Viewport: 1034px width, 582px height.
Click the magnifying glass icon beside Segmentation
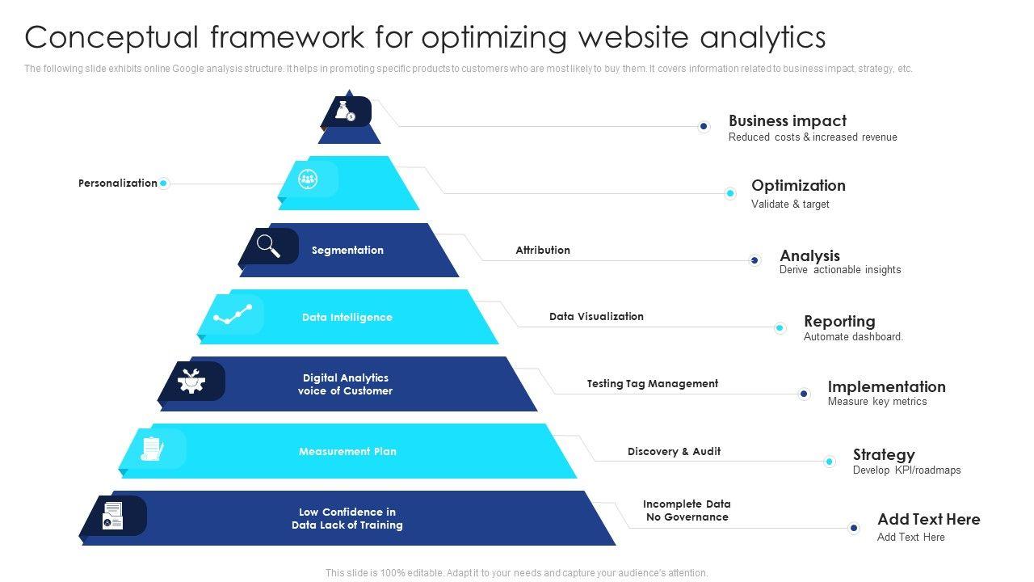pos(269,246)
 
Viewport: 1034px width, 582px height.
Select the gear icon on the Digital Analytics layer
pos(191,381)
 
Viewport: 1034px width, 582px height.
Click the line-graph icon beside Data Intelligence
pos(233,314)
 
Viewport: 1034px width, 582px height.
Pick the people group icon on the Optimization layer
pos(308,179)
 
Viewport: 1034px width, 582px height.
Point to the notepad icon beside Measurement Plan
pos(152,449)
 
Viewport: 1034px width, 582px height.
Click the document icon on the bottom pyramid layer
pos(113,516)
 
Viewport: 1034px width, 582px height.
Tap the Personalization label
pos(118,183)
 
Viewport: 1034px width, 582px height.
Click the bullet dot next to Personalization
pos(163,183)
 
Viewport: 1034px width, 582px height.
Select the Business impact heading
pos(787,120)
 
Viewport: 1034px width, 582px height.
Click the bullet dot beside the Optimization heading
pos(730,193)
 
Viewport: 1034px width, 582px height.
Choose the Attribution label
pos(543,251)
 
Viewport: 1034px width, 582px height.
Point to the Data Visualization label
pos(596,317)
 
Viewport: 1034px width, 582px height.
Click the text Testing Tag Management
pos(652,384)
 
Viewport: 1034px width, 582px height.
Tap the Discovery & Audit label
pos(674,452)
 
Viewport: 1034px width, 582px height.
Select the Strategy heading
pos(884,454)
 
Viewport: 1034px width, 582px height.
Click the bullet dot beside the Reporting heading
pos(780,327)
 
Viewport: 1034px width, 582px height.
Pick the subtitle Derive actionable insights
pos(840,270)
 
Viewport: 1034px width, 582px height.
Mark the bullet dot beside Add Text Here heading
pos(854,528)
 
